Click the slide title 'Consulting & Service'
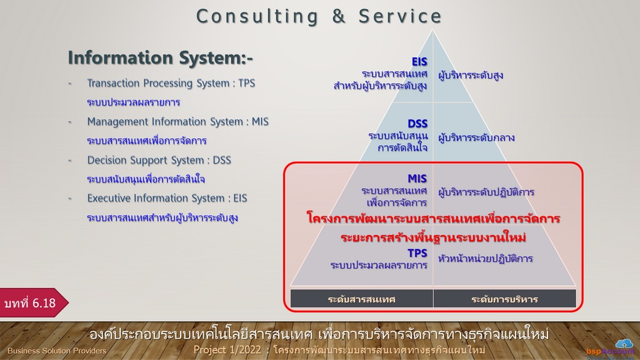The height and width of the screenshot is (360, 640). [319, 16]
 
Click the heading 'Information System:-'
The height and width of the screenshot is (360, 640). [161, 57]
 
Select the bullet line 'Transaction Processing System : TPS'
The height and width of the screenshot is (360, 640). [171, 83]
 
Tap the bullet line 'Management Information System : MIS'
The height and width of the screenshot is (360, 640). [178, 122]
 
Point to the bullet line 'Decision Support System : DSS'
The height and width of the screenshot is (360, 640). [159, 160]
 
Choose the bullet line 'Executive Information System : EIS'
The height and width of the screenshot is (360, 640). [167, 198]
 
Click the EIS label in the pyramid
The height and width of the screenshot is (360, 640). [419, 62]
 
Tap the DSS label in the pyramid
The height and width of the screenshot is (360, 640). [417, 124]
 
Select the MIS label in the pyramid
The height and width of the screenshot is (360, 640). [417, 179]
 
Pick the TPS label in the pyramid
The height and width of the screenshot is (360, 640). [417, 254]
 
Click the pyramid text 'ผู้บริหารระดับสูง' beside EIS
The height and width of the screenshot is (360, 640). [471, 76]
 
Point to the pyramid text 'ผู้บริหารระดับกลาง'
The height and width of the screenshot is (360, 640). [476, 138]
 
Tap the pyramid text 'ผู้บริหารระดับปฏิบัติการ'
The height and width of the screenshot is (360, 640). [486, 192]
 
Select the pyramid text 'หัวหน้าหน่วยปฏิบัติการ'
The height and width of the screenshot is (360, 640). [485, 259]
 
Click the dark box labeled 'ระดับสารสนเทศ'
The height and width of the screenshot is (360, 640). [362, 299]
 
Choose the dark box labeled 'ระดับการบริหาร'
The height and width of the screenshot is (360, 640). [505, 299]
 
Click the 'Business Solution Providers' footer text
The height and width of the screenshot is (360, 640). [57, 351]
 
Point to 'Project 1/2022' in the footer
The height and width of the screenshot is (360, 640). [227, 350]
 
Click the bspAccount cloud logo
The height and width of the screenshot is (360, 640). [624, 344]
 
